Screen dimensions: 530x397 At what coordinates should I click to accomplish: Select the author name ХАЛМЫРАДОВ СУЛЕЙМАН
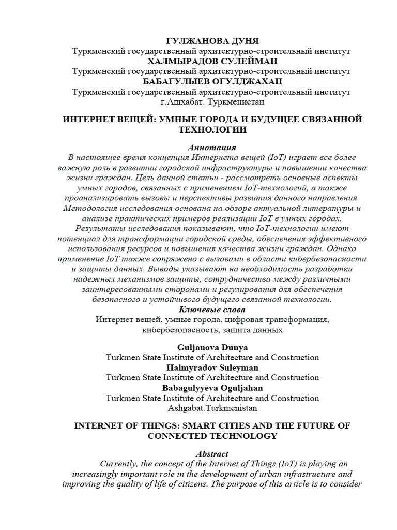click(212, 62)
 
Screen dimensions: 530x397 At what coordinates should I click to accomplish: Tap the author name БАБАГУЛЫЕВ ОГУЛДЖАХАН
click(212, 82)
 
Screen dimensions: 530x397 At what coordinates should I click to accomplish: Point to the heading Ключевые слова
click(212, 310)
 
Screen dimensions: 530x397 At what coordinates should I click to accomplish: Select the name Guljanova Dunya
click(212, 347)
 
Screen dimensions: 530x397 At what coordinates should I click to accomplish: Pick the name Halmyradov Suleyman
click(212, 367)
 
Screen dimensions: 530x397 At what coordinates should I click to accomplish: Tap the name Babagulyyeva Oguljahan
click(212, 388)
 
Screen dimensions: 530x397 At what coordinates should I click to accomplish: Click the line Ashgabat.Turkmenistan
click(212, 408)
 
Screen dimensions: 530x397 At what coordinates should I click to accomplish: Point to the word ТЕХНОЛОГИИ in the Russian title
click(212, 130)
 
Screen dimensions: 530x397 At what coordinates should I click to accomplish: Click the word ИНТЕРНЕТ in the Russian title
click(90, 120)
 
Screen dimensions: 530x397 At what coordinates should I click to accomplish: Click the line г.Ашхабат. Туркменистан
click(212, 102)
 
